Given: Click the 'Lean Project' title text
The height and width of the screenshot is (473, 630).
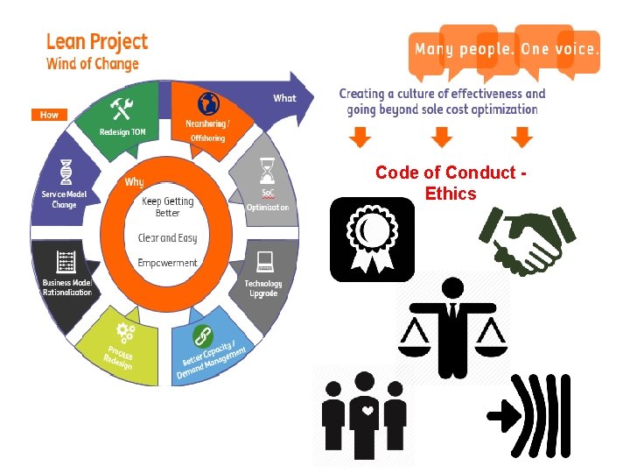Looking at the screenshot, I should pyautogui.click(x=96, y=42).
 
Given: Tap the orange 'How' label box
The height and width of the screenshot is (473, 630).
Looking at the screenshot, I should pyautogui.click(x=49, y=115).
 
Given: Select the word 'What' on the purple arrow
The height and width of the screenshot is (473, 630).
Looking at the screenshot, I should pyautogui.click(x=285, y=98).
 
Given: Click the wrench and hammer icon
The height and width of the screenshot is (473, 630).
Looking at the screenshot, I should pyautogui.click(x=121, y=109).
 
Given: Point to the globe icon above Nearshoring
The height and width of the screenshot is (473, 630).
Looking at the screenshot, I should pyautogui.click(x=208, y=102).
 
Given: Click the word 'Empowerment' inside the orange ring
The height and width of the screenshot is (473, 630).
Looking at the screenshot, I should pyautogui.click(x=168, y=263).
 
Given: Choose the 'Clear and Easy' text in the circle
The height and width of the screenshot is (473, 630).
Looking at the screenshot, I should pyautogui.click(x=167, y=237).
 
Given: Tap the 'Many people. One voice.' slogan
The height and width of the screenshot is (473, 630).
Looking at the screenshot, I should pyautogui.click(x=507, y=49).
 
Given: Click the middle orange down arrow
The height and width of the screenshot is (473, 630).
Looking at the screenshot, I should pyautogui.click(x=443, y=138).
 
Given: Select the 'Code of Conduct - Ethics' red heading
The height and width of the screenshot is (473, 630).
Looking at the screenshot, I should pyautogui.click(x=451, y=183).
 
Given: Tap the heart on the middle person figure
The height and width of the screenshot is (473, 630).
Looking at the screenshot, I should pyautogui.click(x=368, y=407).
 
